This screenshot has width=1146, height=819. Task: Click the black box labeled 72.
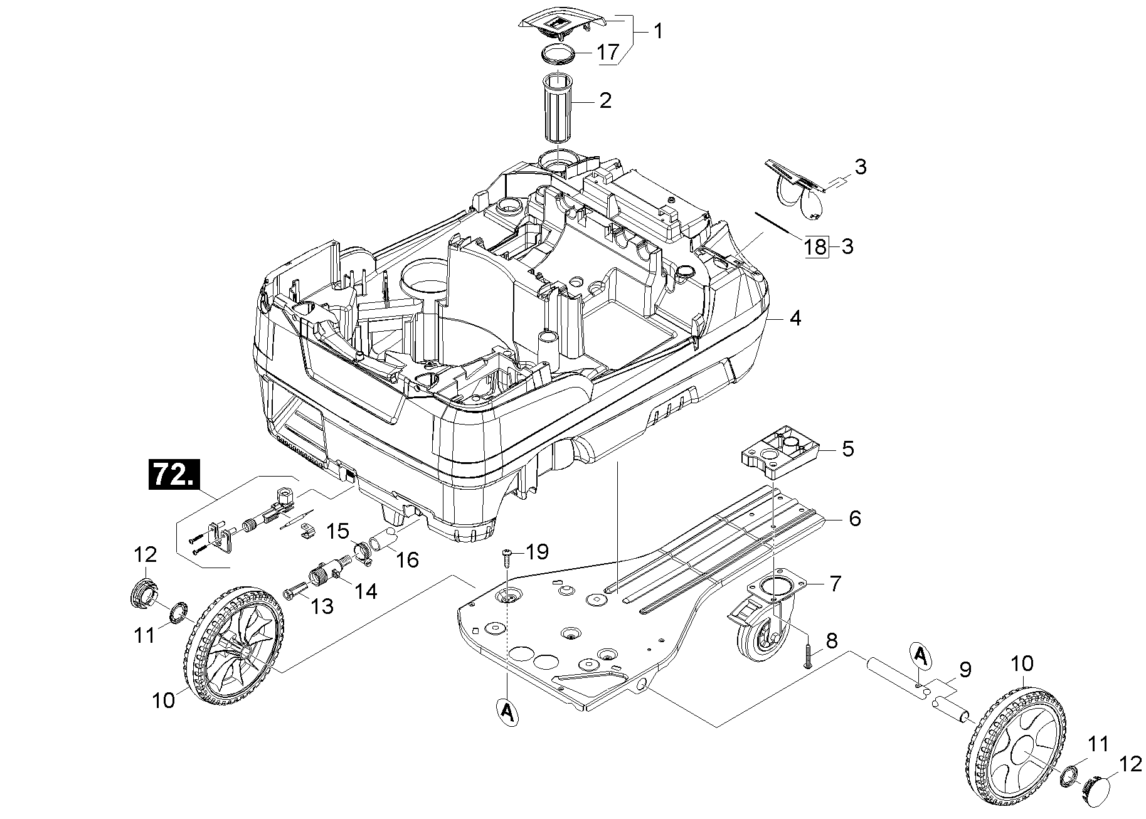tap(172, 475)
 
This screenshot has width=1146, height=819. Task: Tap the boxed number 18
tap(815, 247)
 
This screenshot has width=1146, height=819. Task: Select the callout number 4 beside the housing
tap(795, 319)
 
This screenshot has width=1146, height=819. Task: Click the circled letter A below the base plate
tap(507, 712)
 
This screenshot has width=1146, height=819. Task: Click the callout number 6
tap(854, 519)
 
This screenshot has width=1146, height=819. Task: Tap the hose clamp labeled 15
tap(363, 551)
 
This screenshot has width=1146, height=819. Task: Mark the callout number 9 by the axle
tap(965, 670)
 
